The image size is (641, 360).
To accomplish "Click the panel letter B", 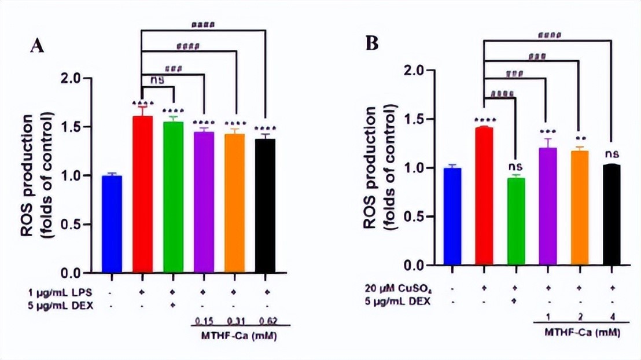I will pyautogui.click(x=372, y=43).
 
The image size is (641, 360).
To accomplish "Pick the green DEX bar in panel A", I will pyautogui.click(x=173, y=197).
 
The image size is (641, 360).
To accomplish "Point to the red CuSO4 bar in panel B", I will pyautogui.click(x=482, y=196).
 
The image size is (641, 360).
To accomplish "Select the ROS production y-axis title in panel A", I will pyautogui.click(x=35, y=174).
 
